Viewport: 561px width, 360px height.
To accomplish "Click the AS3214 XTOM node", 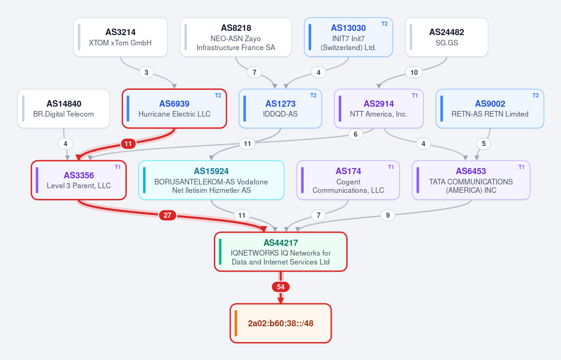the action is coord(121,37).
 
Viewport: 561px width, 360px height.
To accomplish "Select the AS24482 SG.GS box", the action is coord(446,37).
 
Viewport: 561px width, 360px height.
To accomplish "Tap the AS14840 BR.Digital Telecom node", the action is coord(64,109).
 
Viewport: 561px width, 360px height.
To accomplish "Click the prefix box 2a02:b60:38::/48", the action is coord(281,323).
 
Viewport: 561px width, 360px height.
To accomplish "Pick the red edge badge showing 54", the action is coord(281,287).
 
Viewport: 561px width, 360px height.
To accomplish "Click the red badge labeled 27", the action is coord(168,215).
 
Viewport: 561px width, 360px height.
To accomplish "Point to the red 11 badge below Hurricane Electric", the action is coord(128,144).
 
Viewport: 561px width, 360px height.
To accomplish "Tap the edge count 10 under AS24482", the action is coord(414,72).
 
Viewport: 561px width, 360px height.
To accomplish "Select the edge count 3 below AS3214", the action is coord(146,72).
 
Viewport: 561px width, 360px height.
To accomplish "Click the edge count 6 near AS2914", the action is coord(356,134).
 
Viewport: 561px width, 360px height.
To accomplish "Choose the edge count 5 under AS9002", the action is coord(484,144).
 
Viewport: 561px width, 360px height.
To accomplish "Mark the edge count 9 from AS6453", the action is coord(388,215).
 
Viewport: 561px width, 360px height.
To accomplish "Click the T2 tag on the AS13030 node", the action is coord(385,24).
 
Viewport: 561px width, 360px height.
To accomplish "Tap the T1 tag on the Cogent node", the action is coord(391,167).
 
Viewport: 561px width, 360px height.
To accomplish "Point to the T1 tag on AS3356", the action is coord(118,167).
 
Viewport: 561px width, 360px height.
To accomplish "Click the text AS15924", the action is coord(211,171).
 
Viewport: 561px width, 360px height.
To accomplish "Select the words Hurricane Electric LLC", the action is coord(175,114).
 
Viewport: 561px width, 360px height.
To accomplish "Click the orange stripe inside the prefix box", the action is coord(236,323).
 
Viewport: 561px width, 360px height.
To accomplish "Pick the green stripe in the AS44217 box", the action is coord(220,252).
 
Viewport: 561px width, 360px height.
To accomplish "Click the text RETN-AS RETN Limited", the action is coord(490,114).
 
